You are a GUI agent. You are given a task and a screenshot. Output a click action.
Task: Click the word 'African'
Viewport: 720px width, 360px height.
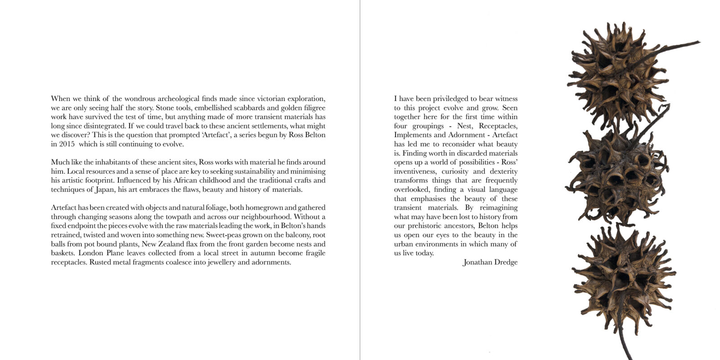pos(181,180)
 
